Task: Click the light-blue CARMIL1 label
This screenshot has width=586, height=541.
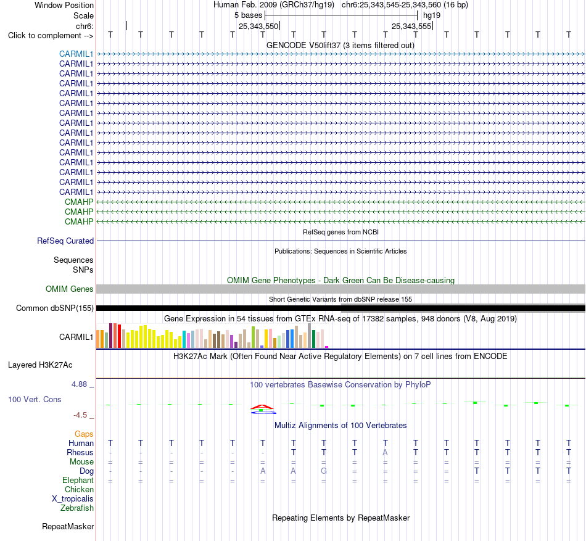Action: click(x=76, y=54)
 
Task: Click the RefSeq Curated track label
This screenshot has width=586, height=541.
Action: click(x=65, y=241)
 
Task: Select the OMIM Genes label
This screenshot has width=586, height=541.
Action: click(x=70, y=289)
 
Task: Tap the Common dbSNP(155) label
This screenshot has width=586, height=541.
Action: click(x=55, y=308)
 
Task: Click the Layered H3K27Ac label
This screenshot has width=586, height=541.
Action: click(x=40, y=365)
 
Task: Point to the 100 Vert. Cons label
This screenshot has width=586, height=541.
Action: click(x=35, y=399)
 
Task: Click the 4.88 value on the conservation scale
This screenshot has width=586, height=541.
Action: click(x=79, y=384)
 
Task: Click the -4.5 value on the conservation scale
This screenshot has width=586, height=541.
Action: click(x=80, y=415)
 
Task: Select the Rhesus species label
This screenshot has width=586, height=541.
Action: click(x=80, y=452)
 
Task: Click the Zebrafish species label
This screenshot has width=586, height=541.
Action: click(x=77, y=508)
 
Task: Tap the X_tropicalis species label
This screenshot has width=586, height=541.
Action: click(x=73, y=499)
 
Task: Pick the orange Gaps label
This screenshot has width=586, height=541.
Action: click(x=84, y=434)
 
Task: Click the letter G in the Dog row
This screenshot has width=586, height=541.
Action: click(x=324, y=471)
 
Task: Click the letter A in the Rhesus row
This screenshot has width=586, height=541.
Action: click(x=386, y=452)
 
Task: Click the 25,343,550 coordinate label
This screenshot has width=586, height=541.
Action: click(x=258, y=26)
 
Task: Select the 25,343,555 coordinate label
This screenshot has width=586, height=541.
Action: click(x=411, y=26)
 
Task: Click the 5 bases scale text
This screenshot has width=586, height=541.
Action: click(x=248, y=15)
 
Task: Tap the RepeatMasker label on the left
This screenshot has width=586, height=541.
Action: click(x=68, y=526)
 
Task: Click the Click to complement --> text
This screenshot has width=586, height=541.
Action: click(x=51, y=36)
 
